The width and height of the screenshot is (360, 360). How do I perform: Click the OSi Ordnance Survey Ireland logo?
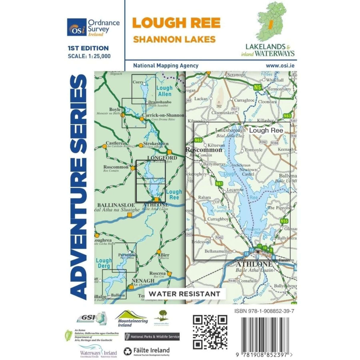tap(93, 27)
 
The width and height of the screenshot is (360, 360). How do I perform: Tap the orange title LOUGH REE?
tap(176, 23)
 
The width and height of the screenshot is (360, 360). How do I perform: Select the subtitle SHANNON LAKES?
tap(174, 39)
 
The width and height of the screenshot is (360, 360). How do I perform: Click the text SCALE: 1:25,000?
tap(89, 56)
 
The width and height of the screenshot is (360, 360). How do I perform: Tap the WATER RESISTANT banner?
tap(184, 294)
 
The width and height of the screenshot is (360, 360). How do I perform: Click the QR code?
tap(210, 332)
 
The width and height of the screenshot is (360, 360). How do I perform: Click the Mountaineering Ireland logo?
tap(131, 318)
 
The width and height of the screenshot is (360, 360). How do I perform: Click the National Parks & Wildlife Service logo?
tap(152, 337)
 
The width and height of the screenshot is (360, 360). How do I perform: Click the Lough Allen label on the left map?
tap(164, 91)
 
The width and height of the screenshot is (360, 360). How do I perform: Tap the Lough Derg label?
tap(104, 263)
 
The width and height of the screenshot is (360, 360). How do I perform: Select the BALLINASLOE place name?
tap(116, 205)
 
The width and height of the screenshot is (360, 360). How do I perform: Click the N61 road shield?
tap(219, 184)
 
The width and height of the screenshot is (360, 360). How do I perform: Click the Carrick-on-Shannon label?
tap(163, 115)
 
